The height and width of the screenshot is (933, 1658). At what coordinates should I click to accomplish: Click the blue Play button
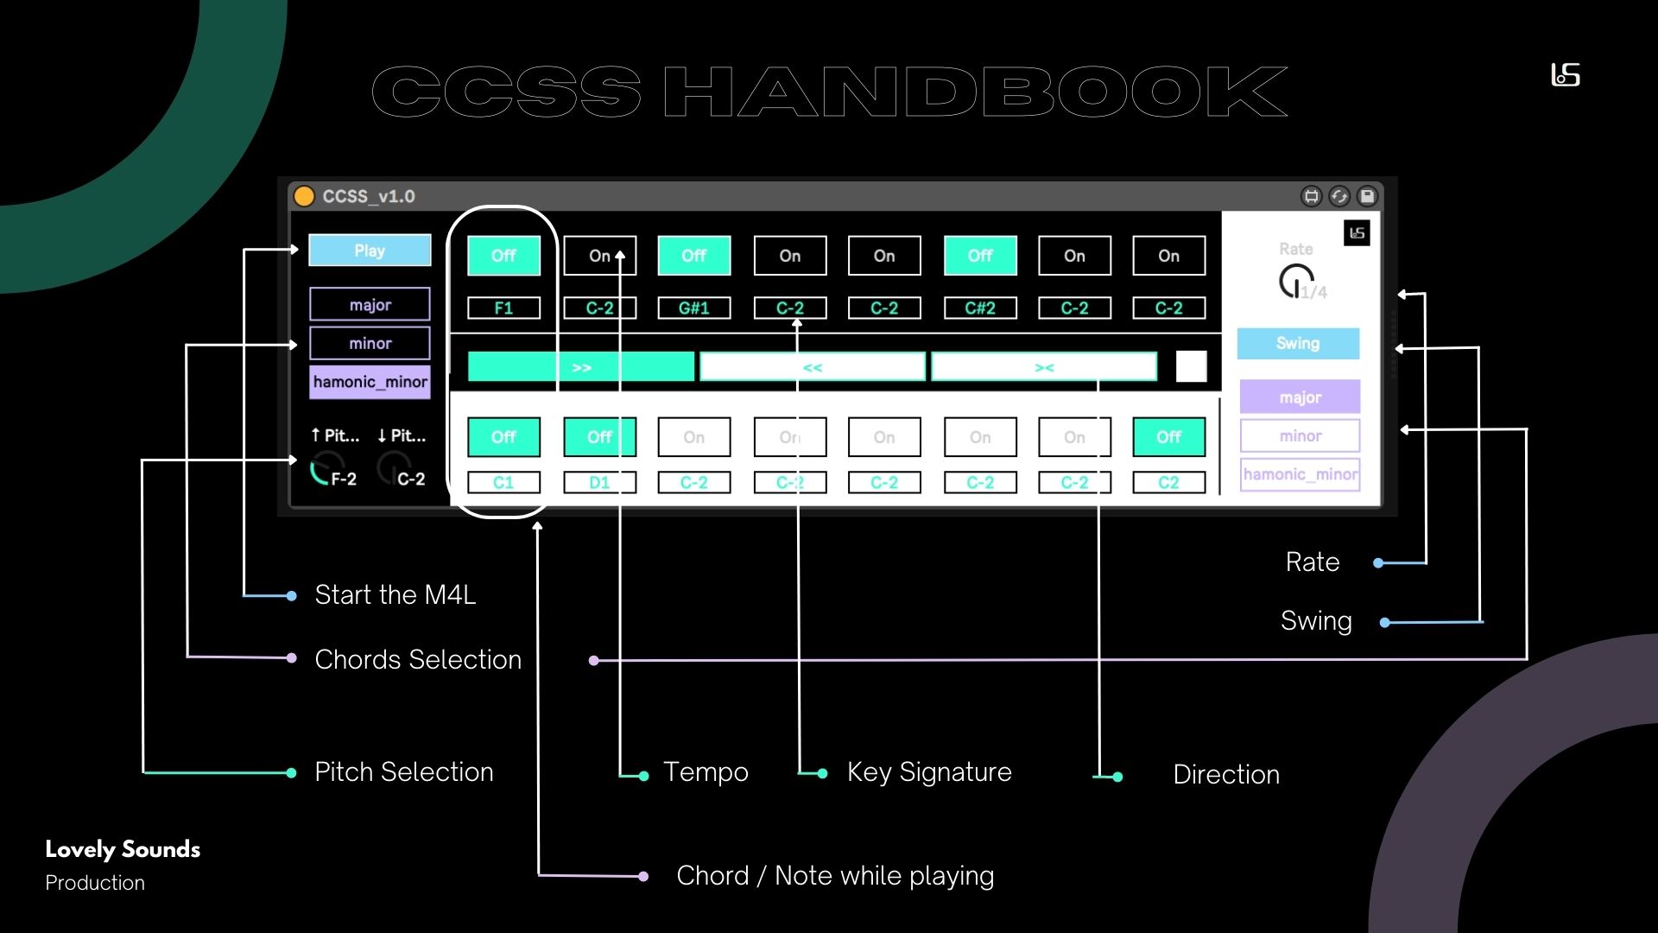pyautogui.click(x=370, y=251)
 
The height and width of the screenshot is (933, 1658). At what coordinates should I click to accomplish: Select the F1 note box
pyautogui.click(x=503, y=308)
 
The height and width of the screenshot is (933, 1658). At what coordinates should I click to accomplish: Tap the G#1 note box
pyautogui.click(x=693, y=308)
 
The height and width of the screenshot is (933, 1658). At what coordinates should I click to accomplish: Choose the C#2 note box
pyautogui.click(x=979, y=308)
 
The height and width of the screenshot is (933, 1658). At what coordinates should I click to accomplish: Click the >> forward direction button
pyautogui.click(x=580, y=367)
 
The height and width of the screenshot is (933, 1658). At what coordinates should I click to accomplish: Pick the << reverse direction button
pyautogui.click(x=812, y=367)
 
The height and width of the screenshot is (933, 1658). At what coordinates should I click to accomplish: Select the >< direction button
pyautogui.click(x=1043, y=367)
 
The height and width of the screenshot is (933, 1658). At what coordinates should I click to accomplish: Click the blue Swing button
pyautogui.click(x=1297, y=344)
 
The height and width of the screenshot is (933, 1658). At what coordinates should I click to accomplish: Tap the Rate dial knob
pyautogui.click(x=1294, y=281)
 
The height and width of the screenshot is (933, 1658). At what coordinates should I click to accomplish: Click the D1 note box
pyautogui.click(x=599, y=483)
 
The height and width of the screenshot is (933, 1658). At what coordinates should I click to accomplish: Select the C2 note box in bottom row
pyautogui.click(x=1168, y=483)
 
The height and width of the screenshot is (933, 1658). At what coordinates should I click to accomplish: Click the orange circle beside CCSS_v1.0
pyautogui.click(x=304, y=196)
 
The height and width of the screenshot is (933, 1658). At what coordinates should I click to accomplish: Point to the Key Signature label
pyautogui.click(x=928, y=772)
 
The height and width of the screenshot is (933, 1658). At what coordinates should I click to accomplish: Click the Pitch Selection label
pyautogui.click(x=403, y=772)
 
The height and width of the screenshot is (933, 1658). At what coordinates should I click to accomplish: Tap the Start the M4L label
pyautogui.click(x=395, y=595)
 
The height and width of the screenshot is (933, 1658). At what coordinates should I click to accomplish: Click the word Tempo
pyautogui.click(x=705, y=772)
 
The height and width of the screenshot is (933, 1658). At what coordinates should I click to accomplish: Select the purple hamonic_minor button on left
pyautogui.click(x=370, y=382)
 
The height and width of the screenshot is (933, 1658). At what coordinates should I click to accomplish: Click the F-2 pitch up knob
pyautogui.click(x=326, y=469)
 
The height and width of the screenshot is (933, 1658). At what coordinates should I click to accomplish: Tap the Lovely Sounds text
pyautogui.click(x=123, y=850)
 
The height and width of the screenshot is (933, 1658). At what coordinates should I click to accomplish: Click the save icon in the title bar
pyautogui.click(x=1367, y=196)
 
